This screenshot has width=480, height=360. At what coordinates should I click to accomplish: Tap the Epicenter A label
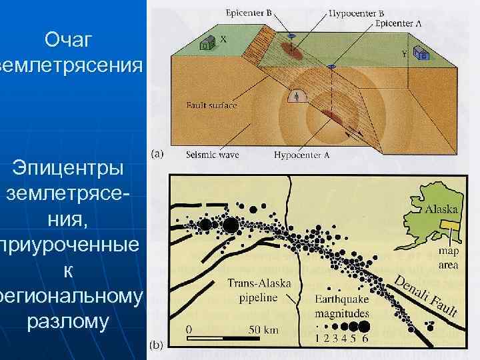(398, 23)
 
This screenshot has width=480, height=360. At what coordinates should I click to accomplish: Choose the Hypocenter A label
(300, 155)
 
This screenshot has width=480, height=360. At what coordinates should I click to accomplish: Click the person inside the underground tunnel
(296, 97)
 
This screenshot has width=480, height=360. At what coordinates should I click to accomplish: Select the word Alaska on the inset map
(441, 209)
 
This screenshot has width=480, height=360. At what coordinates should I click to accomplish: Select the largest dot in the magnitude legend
(364, 326)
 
